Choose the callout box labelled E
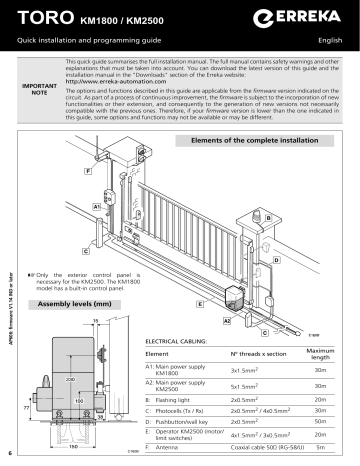point(201,301)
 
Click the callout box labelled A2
point(227,320)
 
